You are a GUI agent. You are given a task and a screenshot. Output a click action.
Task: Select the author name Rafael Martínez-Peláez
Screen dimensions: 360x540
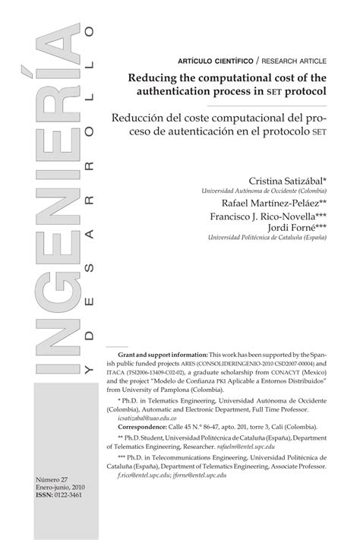[x=274, y=204]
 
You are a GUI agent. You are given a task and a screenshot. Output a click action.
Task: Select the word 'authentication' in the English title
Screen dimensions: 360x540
[x=200, y=90]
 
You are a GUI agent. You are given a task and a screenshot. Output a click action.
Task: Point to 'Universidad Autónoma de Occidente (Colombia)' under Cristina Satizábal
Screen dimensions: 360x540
[x=264, y=191]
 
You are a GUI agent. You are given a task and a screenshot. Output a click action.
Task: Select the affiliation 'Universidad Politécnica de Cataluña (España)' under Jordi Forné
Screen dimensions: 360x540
[x=268, y=238]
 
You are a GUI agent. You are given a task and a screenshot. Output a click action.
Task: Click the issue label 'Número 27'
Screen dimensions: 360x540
[x=53, y=481]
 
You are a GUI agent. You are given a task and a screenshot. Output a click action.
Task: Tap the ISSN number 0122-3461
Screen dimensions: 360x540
[x=65, y=496]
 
